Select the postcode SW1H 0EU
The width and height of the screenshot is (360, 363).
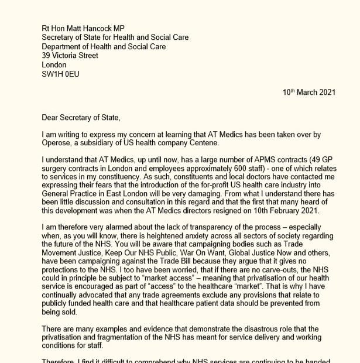tap(60, 74)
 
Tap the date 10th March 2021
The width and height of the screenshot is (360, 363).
tap(309, 93)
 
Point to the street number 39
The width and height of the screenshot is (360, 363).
tap(46, 56)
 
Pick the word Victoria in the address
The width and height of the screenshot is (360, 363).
tap(67, 56)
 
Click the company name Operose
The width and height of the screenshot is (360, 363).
tap(58, 143)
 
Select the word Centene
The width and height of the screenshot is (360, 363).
tap(203, 143)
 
